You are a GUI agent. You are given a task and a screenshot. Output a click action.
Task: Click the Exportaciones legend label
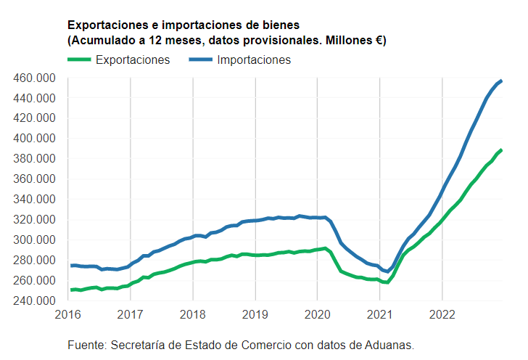133,60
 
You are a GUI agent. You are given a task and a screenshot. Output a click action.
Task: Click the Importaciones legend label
254,60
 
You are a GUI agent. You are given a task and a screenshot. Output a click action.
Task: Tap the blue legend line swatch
200,60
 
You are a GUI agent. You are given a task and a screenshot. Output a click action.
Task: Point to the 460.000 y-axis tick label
35,78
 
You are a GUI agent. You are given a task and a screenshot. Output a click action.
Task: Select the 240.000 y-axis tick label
35,300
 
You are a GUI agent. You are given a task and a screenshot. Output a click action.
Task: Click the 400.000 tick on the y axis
35,139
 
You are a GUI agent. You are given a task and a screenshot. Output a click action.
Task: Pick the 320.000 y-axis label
35,219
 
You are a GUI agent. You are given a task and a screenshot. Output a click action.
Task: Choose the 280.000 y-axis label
35,260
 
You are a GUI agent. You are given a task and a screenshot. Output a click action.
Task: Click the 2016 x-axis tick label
68,314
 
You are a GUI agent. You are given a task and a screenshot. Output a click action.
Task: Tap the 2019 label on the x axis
255,314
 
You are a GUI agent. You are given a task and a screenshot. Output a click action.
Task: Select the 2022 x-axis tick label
442,314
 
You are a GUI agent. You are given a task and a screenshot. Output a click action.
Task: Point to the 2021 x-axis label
380,314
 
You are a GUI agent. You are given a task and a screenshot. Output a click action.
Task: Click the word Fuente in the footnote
86,344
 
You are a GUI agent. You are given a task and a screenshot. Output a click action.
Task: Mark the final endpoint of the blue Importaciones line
501,81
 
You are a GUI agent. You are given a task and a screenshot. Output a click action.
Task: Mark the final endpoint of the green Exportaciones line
501,150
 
